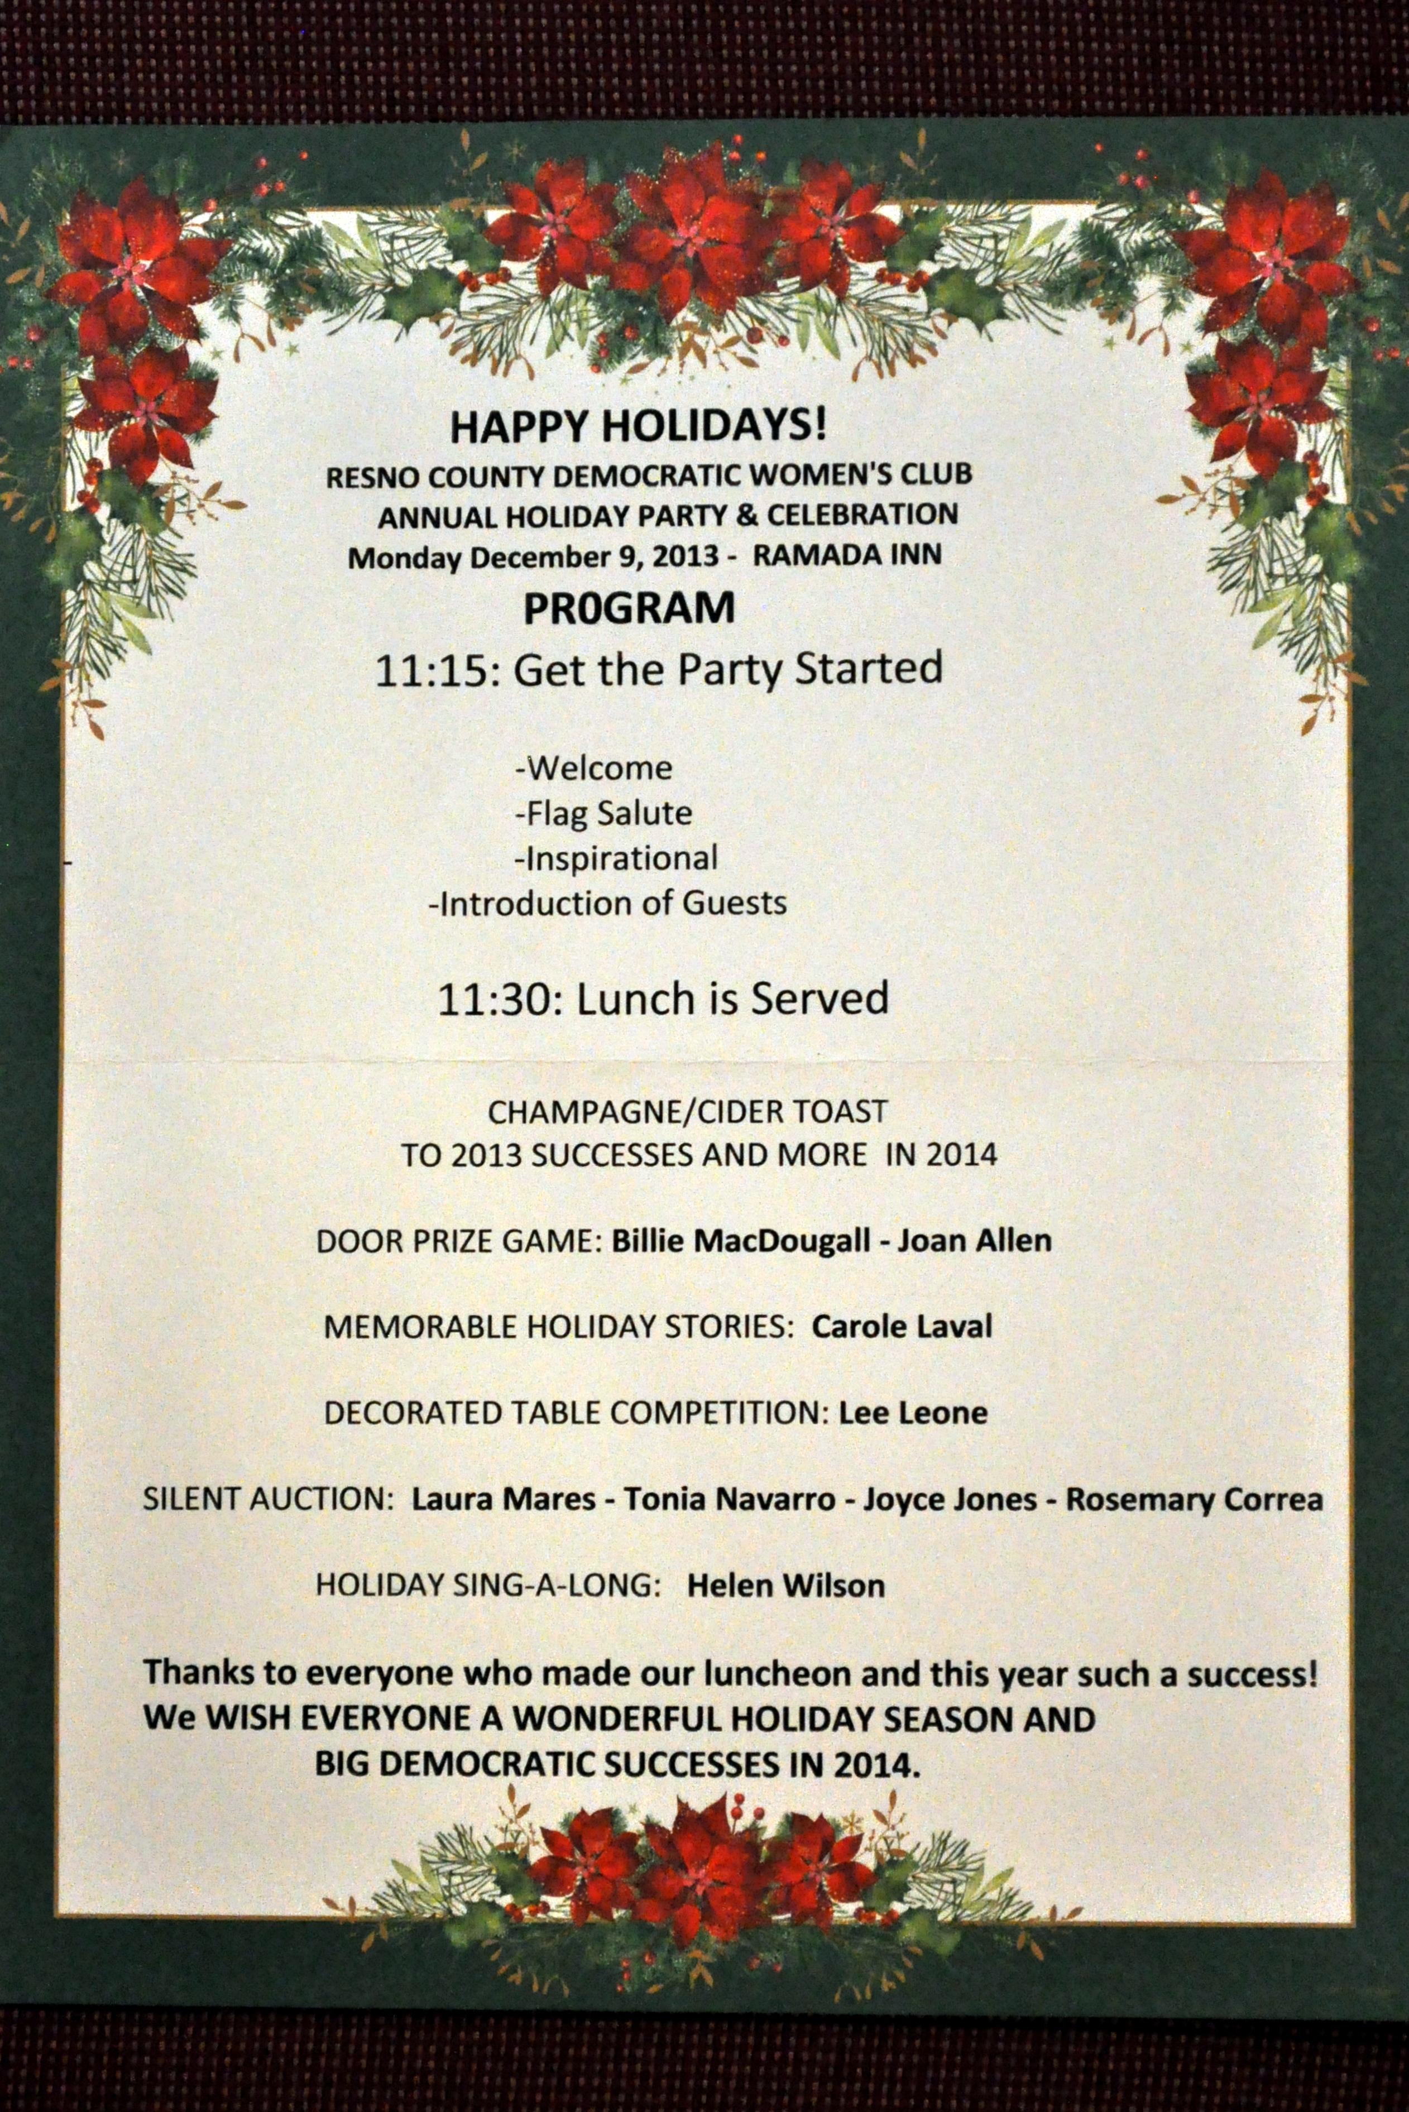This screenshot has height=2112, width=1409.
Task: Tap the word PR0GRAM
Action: coord(629,608)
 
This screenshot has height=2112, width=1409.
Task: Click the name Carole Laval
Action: coord(902,1327)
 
